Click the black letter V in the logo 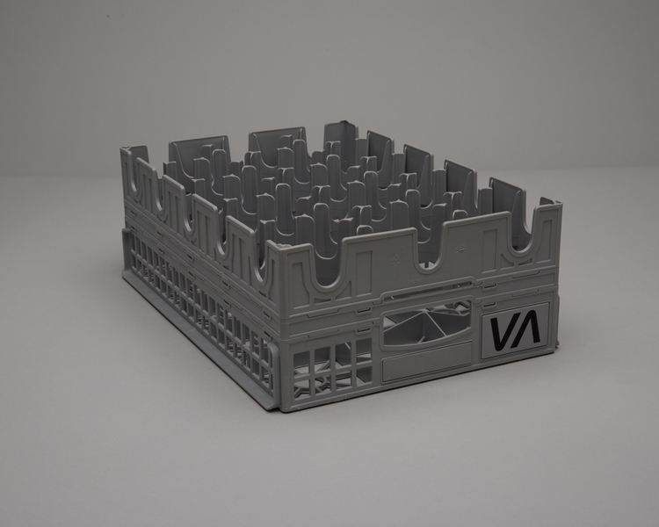[x=501, y=333]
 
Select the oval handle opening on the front [x=427, y=328]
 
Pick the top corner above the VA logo [x=557, y=207]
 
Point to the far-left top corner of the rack [x=126, y=152]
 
